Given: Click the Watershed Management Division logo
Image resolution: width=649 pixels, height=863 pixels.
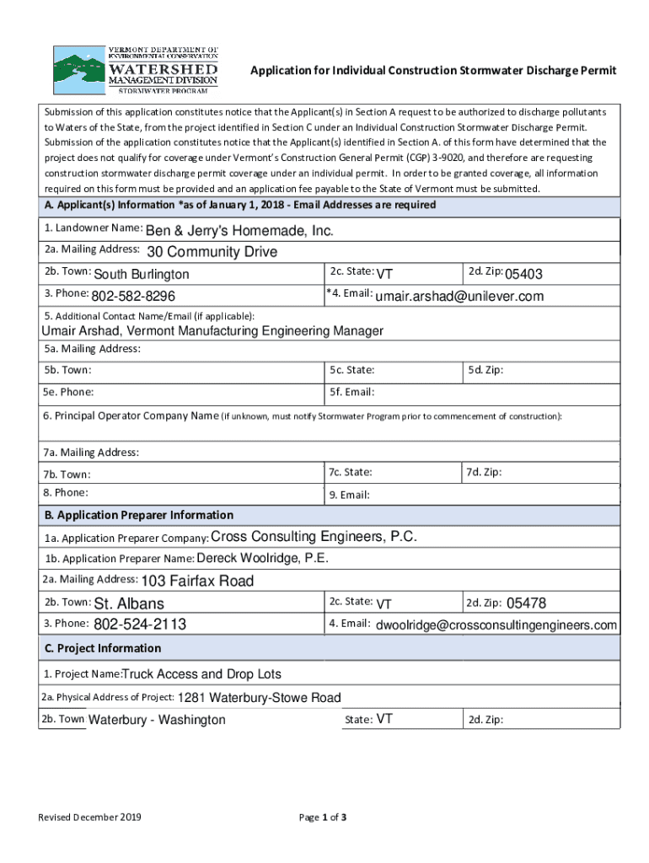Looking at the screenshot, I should click(x=136, y=69).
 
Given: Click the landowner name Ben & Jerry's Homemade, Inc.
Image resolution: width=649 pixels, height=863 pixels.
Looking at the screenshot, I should click(x=240, y=231).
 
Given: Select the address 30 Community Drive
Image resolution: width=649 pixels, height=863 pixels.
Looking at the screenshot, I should click(x=212, y=252).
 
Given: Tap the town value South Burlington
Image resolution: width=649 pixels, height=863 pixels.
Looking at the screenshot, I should click(x=142, y=275).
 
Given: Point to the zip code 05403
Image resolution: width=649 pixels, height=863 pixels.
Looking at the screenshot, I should click(x=523, y=275).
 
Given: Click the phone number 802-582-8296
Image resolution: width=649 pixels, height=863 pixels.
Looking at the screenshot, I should click(x=133, y=297).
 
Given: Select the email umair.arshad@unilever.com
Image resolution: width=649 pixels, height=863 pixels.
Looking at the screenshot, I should click(x=459, y=297).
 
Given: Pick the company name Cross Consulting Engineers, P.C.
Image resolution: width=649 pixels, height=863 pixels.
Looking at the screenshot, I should click(x=314, y=538).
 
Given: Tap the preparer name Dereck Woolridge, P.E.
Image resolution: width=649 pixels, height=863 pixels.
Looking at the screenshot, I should click(x=263, y=559).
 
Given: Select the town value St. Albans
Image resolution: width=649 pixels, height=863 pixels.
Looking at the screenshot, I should click(x=129, y=603).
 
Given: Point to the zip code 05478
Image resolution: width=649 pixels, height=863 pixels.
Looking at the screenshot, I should click(x=527, y=603).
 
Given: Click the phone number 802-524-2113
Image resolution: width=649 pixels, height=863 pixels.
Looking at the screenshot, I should click(x=139, y=624).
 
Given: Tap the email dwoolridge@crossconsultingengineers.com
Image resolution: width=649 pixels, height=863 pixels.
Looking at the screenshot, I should click(x=496, y=625).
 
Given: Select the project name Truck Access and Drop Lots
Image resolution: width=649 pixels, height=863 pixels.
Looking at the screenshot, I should click(x=202, y=674).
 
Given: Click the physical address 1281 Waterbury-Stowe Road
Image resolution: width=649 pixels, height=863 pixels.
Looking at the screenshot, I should click(x=260, y=698).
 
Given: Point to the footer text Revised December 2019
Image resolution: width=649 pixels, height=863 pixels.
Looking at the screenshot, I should click(x=89, y=817).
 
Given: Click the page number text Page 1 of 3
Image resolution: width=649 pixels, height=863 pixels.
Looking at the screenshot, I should click(x=324, y=817).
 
